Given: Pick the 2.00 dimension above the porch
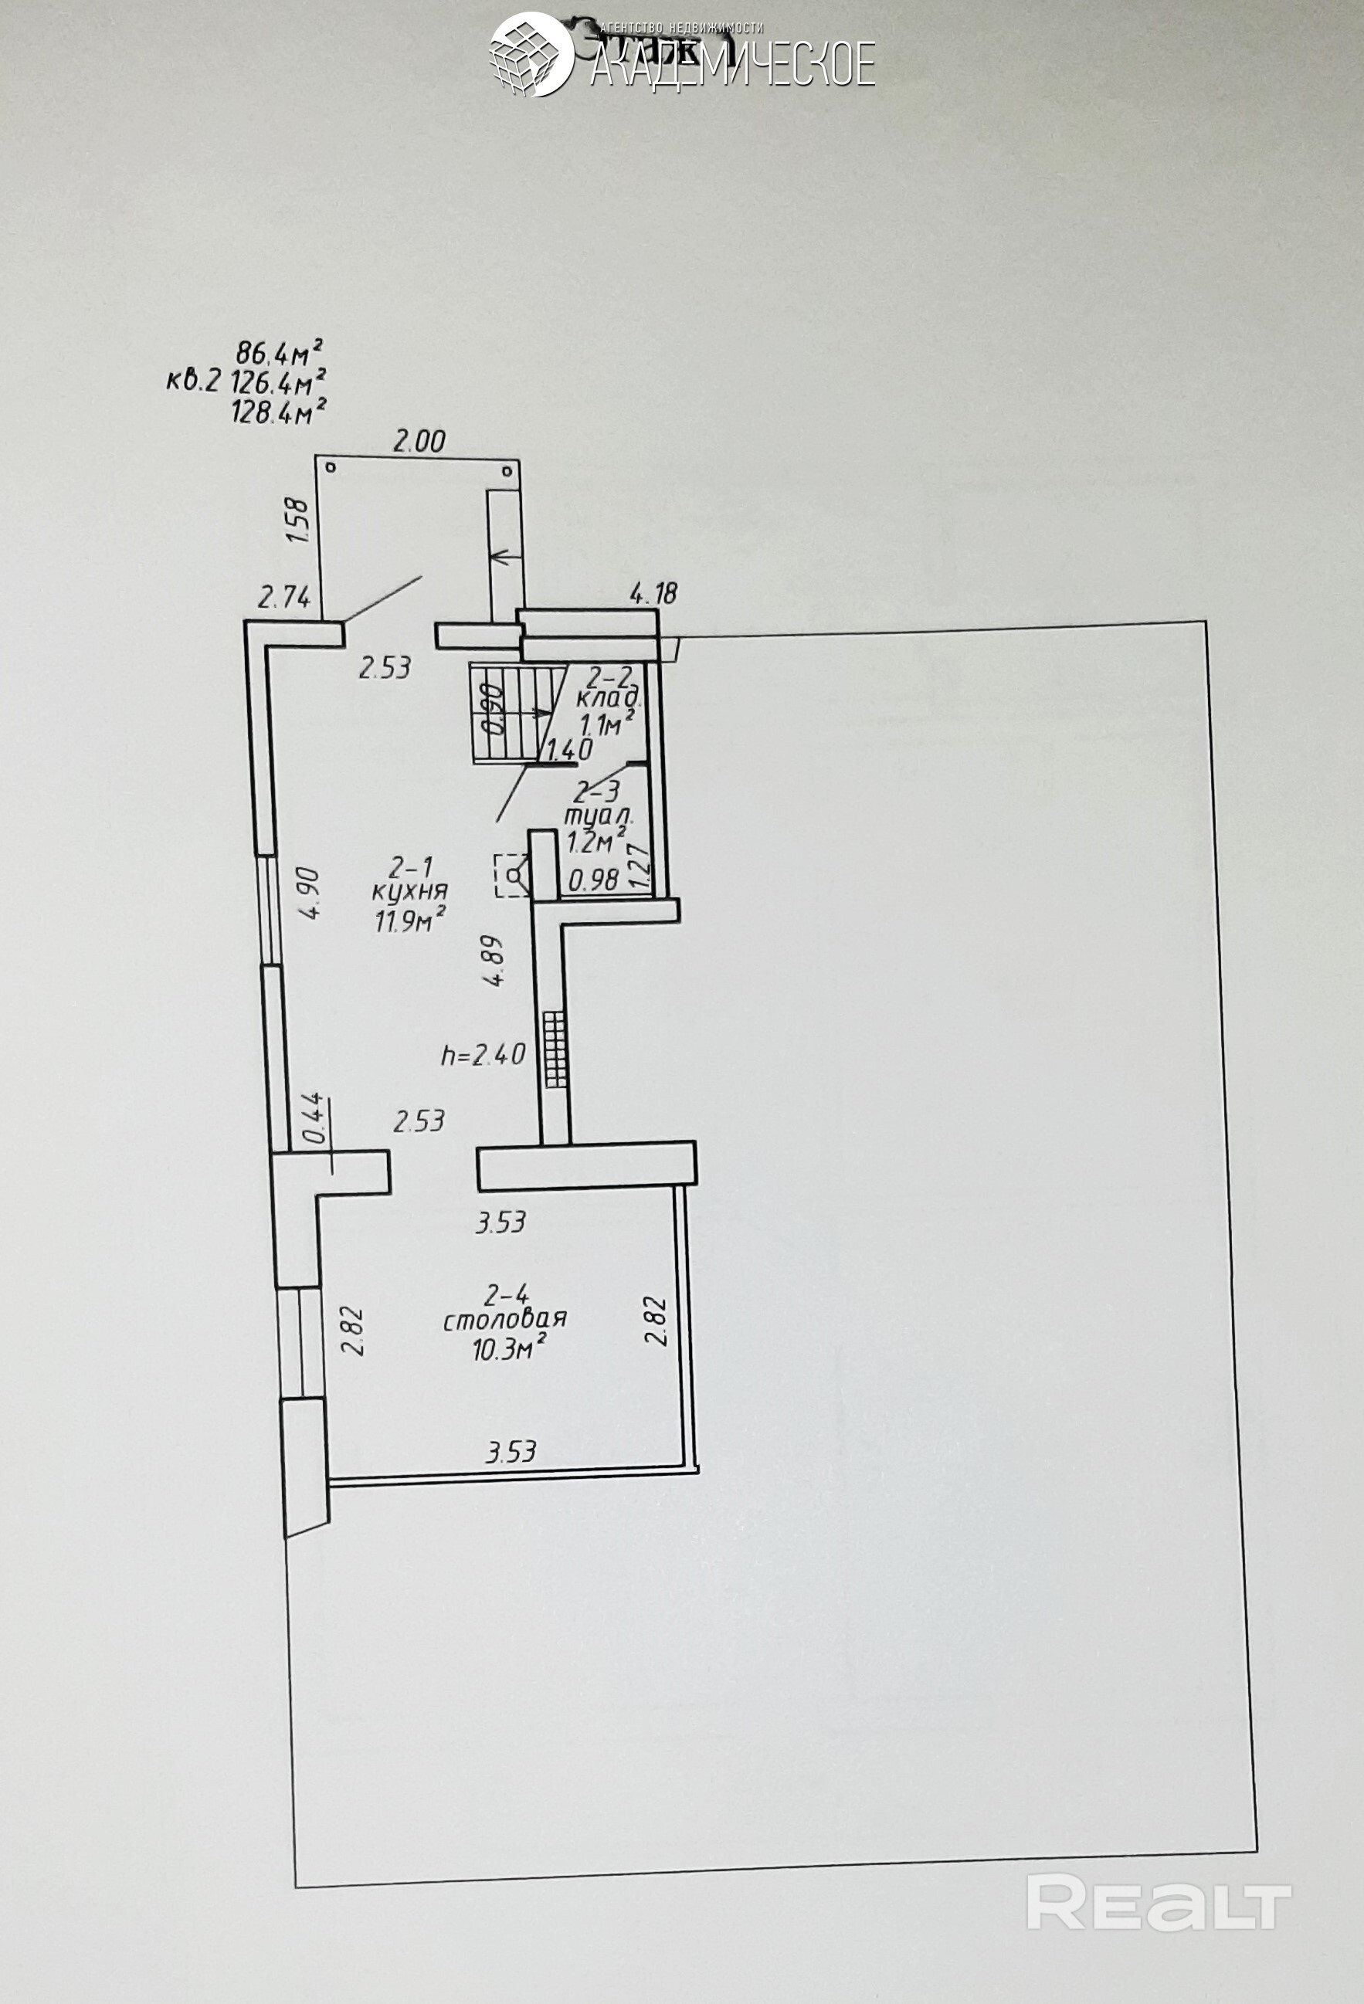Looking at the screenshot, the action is pos(419,443).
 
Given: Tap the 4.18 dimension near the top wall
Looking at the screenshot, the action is pos(654,593).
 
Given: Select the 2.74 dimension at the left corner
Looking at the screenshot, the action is pos(284,597).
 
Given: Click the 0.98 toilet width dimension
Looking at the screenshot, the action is pos(595,880).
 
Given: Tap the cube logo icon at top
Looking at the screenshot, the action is pos(532,53).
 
